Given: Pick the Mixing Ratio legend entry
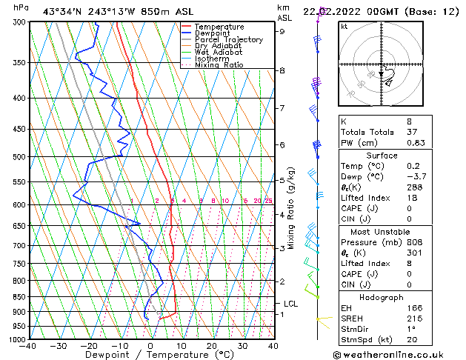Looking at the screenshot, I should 219,65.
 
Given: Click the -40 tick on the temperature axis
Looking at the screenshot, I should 28,346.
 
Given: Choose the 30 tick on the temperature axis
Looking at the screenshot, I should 242,346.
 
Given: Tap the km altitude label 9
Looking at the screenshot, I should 282,31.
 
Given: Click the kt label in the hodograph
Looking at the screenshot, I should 344,26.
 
